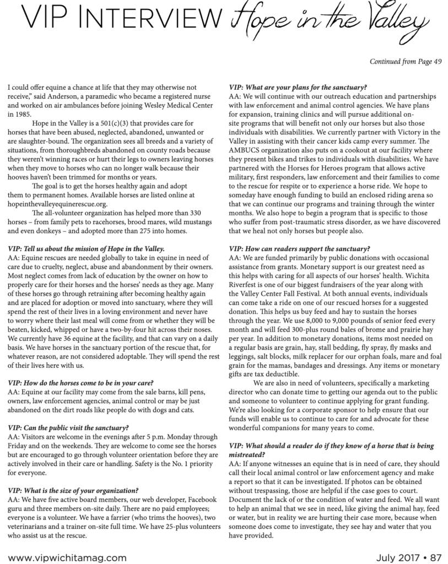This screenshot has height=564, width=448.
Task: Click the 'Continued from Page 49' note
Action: click(406, 61)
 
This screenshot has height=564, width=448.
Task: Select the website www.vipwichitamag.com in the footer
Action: click(67, 557)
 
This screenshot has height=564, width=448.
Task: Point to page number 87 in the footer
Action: click(436, 557)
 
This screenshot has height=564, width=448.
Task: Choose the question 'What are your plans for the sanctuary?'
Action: click(299, 87)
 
